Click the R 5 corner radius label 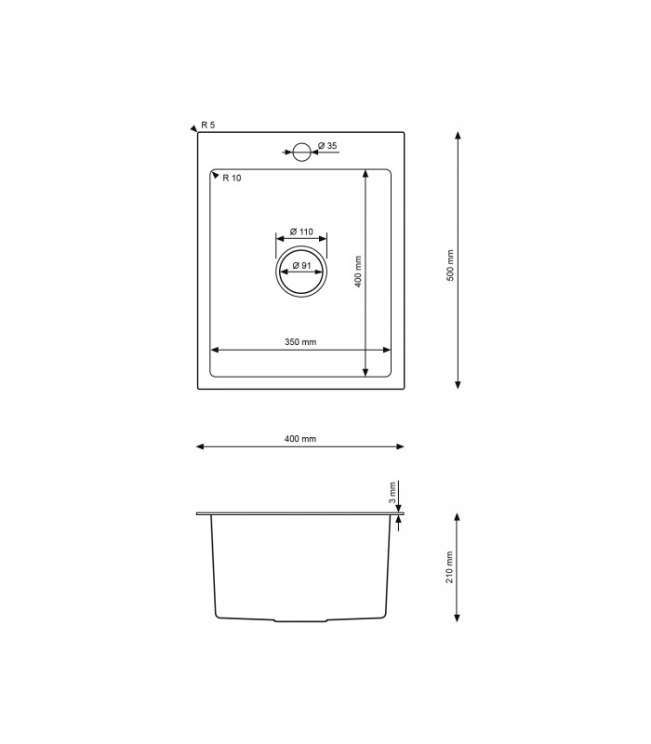[x=208, y=126]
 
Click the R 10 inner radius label [x=232, y=178]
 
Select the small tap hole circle [x=301, y=151]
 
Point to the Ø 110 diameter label [x=300, y=232]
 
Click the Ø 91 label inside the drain [x=300, y=266]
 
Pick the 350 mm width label [x=300, y=342]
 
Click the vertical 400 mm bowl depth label [x=358, y=272]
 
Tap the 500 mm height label [x=451, y=266]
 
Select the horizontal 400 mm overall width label [x=300, y=439]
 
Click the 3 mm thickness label [x=394, y=491]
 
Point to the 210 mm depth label [x=451, y=567]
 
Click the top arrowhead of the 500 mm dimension [x=458, y=136]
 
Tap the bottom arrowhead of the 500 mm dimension [x=458, y=384]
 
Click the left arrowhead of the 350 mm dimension [x=215, y=351]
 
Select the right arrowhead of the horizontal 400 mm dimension [x=400, y=446]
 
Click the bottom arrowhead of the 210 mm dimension [x=458, y=618]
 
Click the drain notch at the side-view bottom [x=300, y=619]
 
